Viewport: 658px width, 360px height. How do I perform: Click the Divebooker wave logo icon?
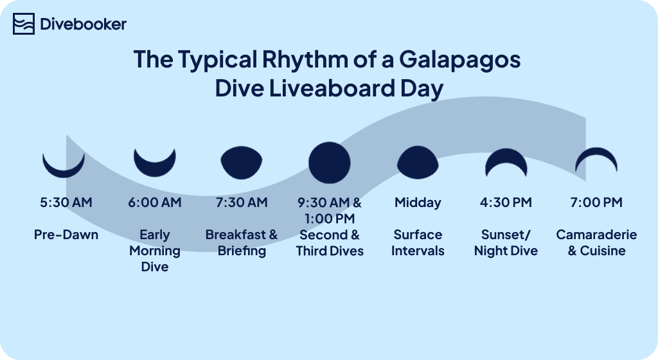pyautogui.click(x=24, y=24)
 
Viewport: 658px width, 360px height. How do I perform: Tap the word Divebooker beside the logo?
pyautogui.click(x=83, y=24)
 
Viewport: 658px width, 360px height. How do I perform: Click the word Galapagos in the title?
pyautogui.click(x=459, y=60)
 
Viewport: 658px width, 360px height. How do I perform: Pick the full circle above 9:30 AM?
pyautogui.click(x=330, y=163)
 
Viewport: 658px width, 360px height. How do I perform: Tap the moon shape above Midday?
pyautogui.click(x=418, y=163)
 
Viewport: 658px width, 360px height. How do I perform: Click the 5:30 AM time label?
pyautogui.click(x=66, y=203)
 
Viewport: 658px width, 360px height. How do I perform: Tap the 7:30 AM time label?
pyautogui.click(x=242, y=203)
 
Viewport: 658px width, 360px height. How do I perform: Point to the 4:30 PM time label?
pyautogui.click(x=506, y=203)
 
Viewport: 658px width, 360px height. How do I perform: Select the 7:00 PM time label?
pyautogui.click(x=596, y=203)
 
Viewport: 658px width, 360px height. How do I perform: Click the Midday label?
pyautogui.click(x=418, y=203)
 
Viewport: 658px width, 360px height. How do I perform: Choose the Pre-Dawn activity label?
pyautogui.click(x=66, y=235)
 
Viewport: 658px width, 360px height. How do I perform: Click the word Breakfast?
pyautogui.click(x=236, y=235)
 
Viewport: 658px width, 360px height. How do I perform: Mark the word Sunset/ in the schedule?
pyautogui.click(x=506, y=235)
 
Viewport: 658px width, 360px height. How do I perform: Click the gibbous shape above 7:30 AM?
pyautogui.click(x=242, y=163)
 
